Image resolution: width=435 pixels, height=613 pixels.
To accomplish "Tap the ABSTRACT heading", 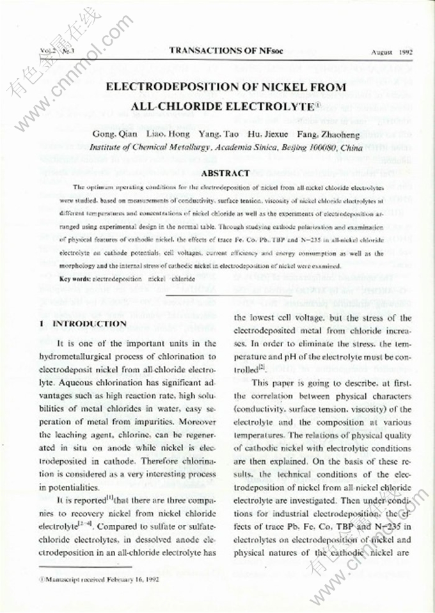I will click(225, 173).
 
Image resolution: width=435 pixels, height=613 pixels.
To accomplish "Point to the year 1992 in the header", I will click(404, 50).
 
